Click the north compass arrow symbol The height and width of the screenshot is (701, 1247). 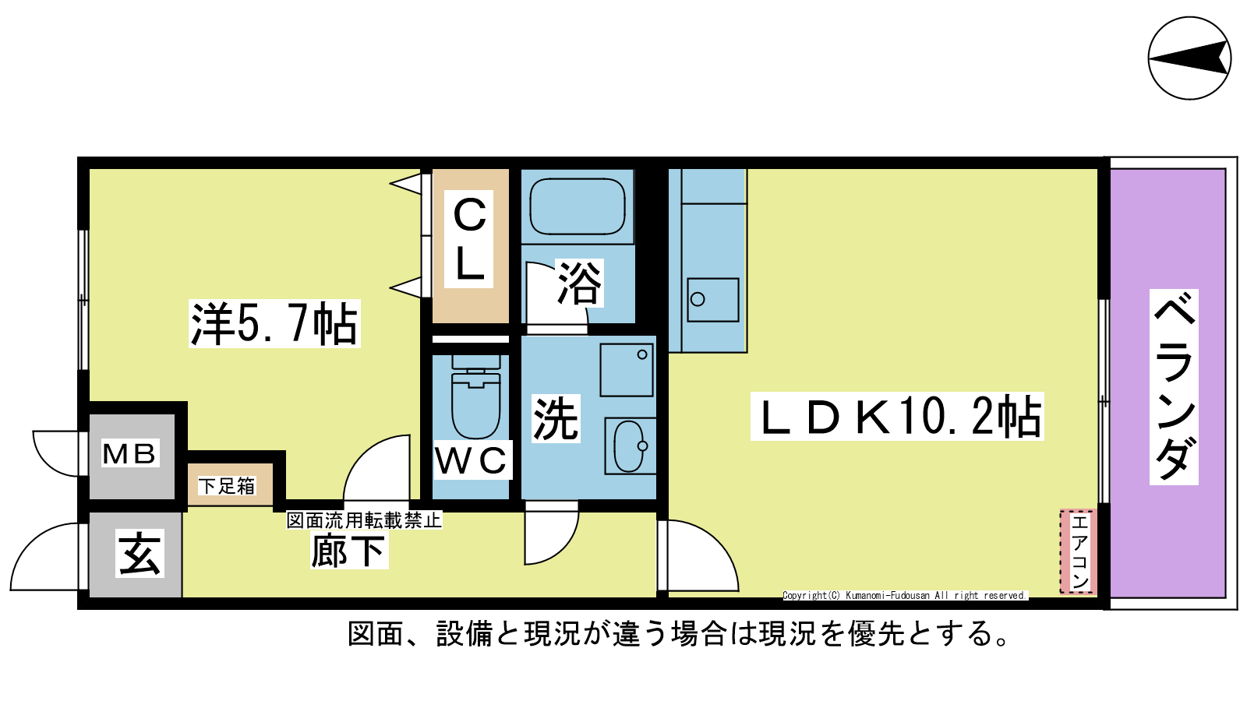(1189, 58)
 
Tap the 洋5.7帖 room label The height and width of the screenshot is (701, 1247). (274, 324)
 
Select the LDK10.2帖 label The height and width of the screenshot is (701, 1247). (897, 417)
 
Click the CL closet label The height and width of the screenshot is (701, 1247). (468, 239)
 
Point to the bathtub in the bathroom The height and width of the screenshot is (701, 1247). (578, 206)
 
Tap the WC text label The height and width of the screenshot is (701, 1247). (471, 460)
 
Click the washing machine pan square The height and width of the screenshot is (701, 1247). (627, 370)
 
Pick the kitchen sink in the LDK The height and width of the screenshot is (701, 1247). (712, 299)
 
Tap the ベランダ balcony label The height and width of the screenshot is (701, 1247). (1174, 387)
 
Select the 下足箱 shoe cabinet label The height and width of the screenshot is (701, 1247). (227, 486)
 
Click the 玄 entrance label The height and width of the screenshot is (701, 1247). (140, 554)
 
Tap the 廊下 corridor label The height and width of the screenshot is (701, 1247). (348, 550)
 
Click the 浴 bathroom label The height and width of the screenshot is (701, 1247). (580, 283)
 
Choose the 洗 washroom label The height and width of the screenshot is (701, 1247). (556, 418)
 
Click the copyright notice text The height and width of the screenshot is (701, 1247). (905, 596)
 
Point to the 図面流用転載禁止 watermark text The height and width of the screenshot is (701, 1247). (364, 520)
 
